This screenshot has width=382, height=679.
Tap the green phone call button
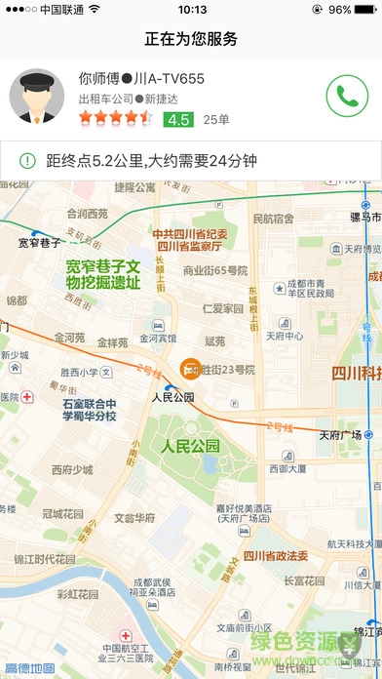pyautogui.click(x=344, y=96)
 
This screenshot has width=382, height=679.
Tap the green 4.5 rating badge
pyautogui.click(x=177, y=119)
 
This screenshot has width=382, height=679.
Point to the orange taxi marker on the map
pyautogui.click(x=188, y=369)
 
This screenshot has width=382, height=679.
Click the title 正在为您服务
pyautogui.click(x=191, y=39)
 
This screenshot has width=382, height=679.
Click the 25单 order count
pyautogui.click(x=216, y=119)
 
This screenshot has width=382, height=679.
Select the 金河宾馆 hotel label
pyautogui.click(x=157, y=339)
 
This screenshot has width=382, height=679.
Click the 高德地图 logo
pyautogui.click(x=29, y=669)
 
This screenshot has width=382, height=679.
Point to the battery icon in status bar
pyautogui.click(x=367, y=10)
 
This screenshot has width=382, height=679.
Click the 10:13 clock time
pyautogui.click(x=193, y=10)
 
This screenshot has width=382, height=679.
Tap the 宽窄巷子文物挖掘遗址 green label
pyautogui.click(x=103, y=274)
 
